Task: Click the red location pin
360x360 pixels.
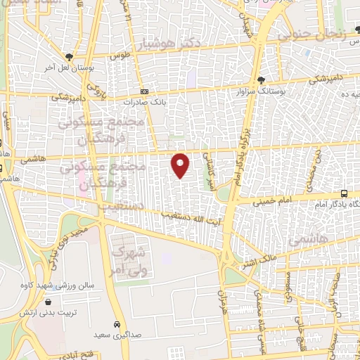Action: click(181, 165)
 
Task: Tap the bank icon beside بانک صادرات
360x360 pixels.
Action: click(145, 91)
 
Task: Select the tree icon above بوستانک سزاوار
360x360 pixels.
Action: click(262, 80)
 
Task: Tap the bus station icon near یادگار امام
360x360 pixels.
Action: click(344, 193)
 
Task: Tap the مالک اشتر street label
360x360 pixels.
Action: click(258, 264)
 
